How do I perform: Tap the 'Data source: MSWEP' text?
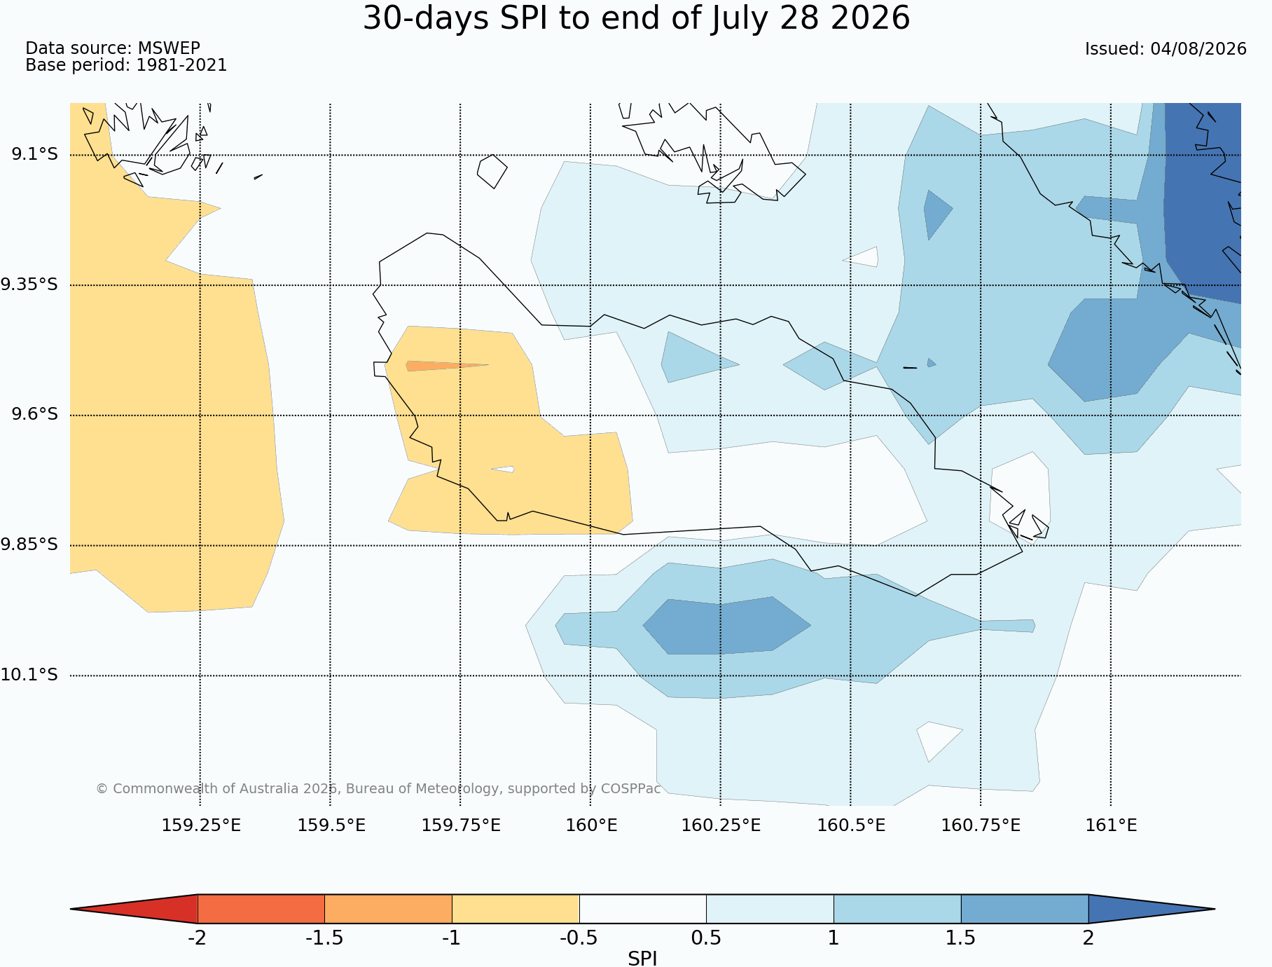(113, 48)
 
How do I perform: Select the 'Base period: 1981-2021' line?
(126, 65)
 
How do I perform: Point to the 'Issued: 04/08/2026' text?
(1166, 49)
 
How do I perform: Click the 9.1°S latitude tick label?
(34, 154)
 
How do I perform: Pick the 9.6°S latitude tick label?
(34, 414)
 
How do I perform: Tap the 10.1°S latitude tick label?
(29, 675)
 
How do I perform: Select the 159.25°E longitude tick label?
(201, 825)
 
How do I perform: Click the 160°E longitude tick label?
(591, 825)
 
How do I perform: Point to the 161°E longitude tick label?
(1111, 825)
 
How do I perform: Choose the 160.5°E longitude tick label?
(851, 825)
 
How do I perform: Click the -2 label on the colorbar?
(197, 938)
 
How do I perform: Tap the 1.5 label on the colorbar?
(960, 938)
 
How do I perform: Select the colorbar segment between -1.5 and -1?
(388, 909)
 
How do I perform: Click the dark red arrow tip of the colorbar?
(71, 909)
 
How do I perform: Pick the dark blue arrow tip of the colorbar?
(1214, 909)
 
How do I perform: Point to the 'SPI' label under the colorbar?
(642, 959)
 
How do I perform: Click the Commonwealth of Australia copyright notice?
(378, 788)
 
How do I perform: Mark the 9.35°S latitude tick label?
(29, 284)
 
